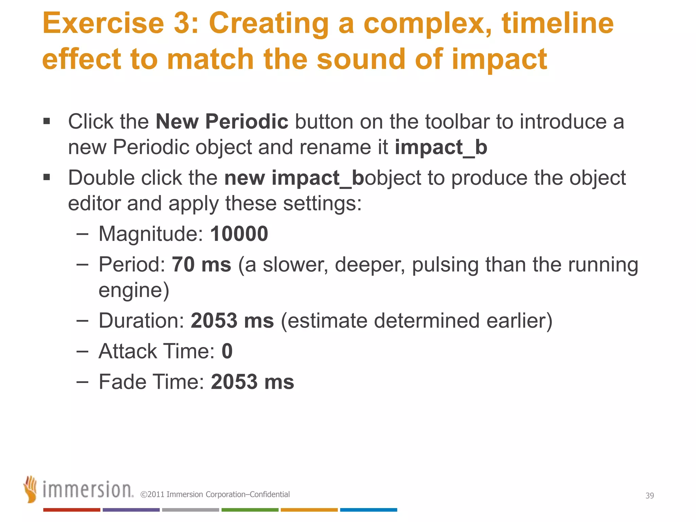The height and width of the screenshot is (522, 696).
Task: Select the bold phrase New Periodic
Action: [x=222, y=121]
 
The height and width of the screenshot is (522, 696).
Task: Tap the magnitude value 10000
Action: [x=239, y=234]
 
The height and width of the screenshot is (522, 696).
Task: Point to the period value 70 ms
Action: [x=201, y=264]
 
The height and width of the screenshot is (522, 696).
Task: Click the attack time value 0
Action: [x=227, y=351]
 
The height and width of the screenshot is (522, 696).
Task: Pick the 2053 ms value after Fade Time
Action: [x=252, y=382]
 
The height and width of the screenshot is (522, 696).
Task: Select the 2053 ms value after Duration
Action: [x=232, y=320]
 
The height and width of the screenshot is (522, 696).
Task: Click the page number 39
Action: [x=649, y=495]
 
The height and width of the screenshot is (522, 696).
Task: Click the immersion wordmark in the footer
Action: [x=88, y=490]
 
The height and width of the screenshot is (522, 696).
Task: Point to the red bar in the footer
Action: [x=72, y=510]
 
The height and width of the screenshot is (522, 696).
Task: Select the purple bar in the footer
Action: [x=131, y=510]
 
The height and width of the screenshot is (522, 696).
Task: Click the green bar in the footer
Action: [x=250, y=510]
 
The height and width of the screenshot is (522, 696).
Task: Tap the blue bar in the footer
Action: [x=368, y=510]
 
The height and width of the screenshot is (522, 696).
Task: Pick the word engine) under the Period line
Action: [x=134, y=290]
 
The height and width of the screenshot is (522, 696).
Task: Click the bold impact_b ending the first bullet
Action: [x=441, y=147]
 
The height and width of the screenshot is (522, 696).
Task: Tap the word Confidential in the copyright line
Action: [x=270, y=494]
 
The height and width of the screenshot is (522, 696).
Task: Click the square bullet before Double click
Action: [x=47, y=177]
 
